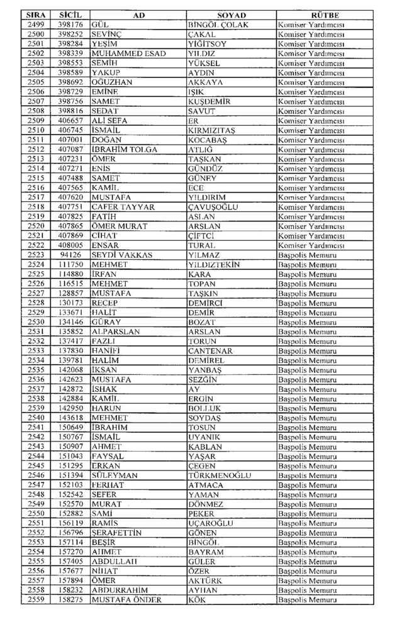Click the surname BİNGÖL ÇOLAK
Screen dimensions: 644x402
218,25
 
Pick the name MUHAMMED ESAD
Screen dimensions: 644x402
128,53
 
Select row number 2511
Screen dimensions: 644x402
36,139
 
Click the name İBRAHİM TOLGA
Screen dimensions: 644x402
125,149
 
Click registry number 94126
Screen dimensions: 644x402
70,255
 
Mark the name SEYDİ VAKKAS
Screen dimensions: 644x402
121,255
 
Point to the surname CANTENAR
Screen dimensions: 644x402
211,350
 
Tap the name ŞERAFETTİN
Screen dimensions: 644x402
116,533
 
